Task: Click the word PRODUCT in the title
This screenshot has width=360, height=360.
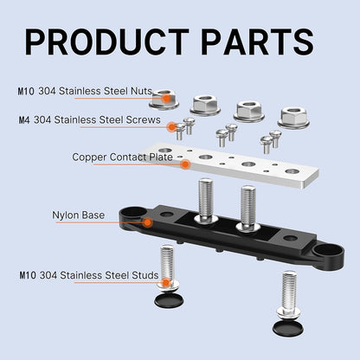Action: pyautogui.click(x=106, y=42)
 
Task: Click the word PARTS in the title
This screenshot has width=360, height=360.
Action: pyautogui.click(x=257, y=42)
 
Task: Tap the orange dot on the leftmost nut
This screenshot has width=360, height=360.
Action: pyautogui.click(x=166, y=99)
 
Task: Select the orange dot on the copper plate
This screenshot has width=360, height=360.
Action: pyautogui.click(x=185, y=164)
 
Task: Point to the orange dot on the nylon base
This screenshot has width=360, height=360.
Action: pyautogui.click(x=148, y=222)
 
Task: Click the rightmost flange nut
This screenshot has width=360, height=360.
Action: pyautogui.click(x=293, y=118)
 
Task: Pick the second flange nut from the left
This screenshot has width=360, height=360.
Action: pyautogui.click(x=205, y=104)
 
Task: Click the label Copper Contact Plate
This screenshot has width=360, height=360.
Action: pyautogui.click(x=122, y=157)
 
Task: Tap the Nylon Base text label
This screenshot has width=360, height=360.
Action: pyautogui.click(x=78, y=215)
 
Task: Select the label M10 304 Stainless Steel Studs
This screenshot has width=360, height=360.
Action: pyautogui.click(x=89, y=275)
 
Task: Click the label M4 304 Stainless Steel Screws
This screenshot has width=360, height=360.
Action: pyautogui.click(x=89, y=119)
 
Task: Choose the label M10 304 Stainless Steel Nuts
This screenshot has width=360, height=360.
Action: pyautogui.click(x=85, y=91)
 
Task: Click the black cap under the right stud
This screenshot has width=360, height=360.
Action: pyautogui.click(x=288, y=328)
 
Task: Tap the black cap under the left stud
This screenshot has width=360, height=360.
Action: pyautogui.click(x=169, y=300)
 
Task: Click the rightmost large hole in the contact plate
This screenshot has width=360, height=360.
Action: pyautogui.click(x=291, y=171)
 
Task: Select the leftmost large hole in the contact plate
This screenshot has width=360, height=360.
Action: pyautogui.click(x=165, y=151)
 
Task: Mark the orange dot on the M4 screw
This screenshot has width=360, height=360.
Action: pyautogui.click(x=172, y=126)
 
